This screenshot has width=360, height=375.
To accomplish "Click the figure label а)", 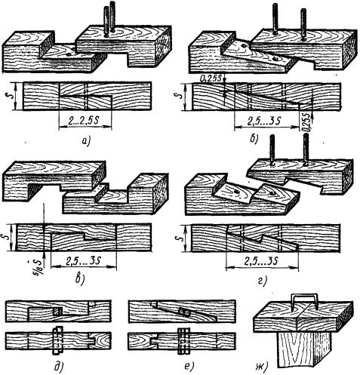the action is (86, 142).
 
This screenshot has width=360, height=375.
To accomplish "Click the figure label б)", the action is (254, 139).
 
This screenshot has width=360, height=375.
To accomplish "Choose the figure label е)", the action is (189, 367).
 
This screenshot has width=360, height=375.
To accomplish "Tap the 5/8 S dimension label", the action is (38, 267).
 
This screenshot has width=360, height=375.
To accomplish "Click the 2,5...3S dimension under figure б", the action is (264, 121).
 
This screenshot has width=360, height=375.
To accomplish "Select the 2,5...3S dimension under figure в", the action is (83, 261).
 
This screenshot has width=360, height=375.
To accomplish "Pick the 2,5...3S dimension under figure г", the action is (261, 262).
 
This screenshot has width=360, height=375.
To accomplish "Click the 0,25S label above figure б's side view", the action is (211, 78).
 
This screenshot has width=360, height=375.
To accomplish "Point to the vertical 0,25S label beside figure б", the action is (307, 123).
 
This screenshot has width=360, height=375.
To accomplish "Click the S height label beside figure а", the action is (8, 95).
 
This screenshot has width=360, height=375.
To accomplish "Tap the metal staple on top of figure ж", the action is (303, 300).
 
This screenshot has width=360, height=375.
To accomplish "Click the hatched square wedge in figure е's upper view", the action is (186, 312).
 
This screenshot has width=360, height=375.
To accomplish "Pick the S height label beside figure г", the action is (185, 237).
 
